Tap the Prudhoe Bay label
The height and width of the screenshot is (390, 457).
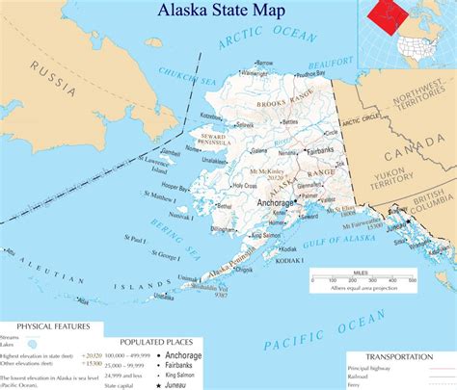coord(313,70)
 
